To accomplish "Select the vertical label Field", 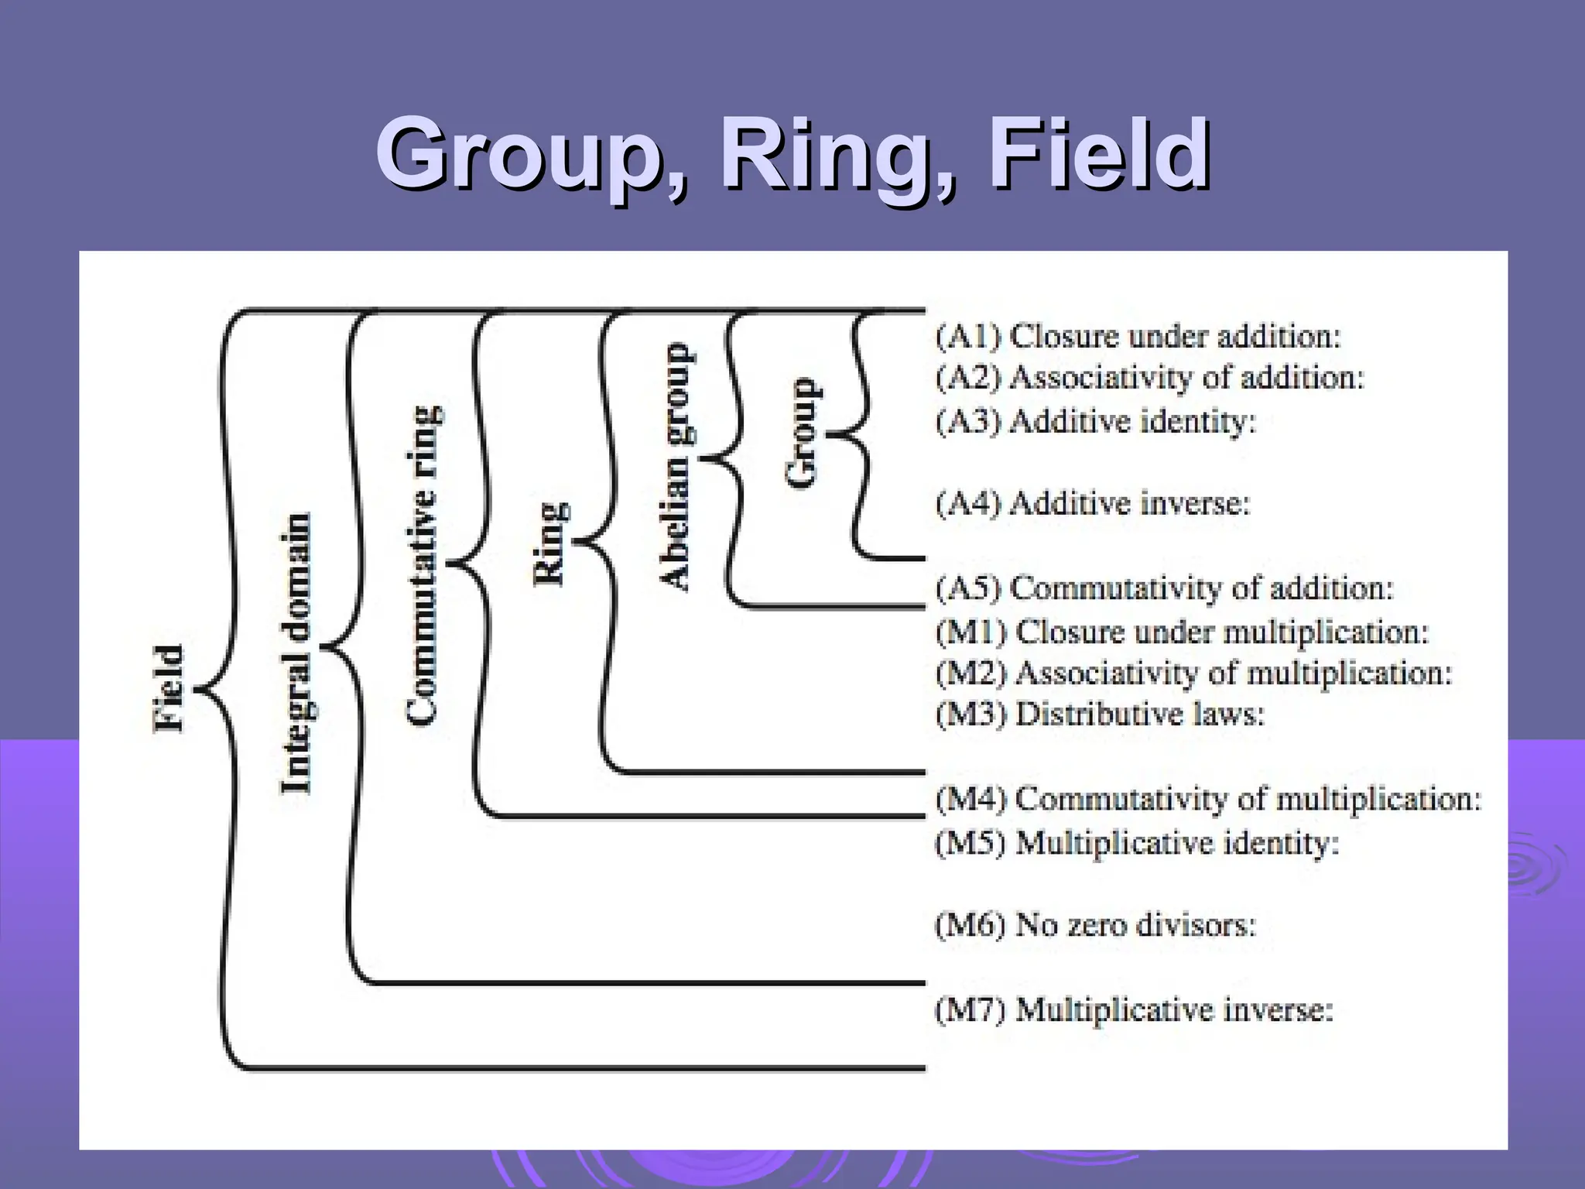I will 169,689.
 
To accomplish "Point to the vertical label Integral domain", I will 296,654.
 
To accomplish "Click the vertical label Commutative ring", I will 423,565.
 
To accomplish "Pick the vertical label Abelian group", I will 676,467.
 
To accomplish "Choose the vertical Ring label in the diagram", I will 552,544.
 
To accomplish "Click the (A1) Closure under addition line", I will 1138,336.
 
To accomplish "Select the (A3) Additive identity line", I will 1096,421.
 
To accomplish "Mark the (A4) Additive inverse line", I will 1093,503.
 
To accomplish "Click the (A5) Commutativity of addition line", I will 1164,588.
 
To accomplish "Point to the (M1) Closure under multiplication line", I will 1182,632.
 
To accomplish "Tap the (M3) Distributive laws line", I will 1100,713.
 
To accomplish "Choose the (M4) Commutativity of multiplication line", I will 1208,798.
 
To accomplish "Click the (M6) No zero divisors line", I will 1095,924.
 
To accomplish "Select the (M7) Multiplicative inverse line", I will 1135,1009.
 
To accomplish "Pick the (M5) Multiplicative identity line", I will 1137,842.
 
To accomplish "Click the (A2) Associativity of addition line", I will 1150,378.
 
